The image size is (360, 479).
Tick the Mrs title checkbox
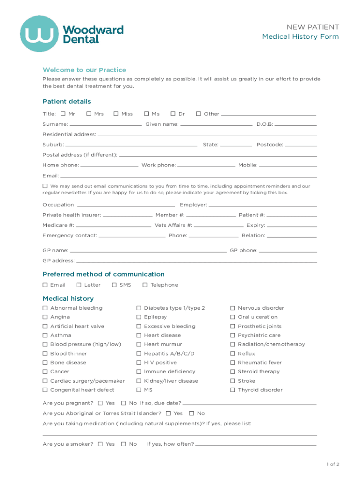[89, 114]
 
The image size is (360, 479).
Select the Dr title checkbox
[173, 114]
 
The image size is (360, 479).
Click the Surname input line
[106, 125]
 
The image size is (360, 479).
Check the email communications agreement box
[45, 186]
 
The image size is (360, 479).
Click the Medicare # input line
[114, 226]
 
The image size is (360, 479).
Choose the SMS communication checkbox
[114, 285]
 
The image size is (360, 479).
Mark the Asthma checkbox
[45, 335]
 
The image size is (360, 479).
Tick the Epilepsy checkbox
[139, 317]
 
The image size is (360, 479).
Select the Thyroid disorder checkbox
[233, 390]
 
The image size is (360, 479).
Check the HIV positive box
[139, 363]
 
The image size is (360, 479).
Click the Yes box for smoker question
[101, 444]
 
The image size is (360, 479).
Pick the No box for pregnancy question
[124, 403]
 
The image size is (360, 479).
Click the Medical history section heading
[68, 298]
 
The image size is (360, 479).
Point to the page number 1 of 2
[332, 464]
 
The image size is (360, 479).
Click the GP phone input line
[288, 252]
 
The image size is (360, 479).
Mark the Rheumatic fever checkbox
[233, 363]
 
